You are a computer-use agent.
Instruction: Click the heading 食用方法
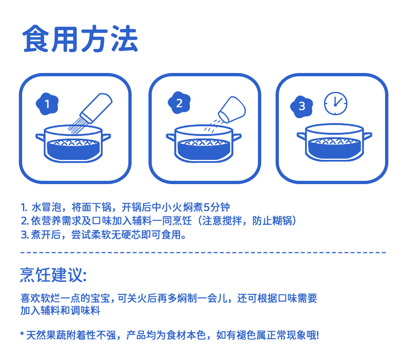pyautogui.click(x=80, y=39)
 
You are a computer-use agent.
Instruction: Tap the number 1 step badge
pyautogui.click(x=47, y=104)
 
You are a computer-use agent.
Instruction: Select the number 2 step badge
pyautogui.click(x=179, y=103)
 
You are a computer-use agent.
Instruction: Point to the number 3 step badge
pyautogui.click(x=302, y=106)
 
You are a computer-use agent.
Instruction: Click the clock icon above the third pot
pyautogui.click(x=335, y=103)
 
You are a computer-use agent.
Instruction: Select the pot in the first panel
pyautogui.click(x=73, y=144)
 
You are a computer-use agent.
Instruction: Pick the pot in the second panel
pyautogui.click(x=204, y=144)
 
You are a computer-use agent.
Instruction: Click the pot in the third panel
pyautogui.click(x=335, y=143)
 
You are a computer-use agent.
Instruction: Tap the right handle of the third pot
pyautogui.click(x=367, y=136)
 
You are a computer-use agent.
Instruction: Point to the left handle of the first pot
pyautogui.click(x=40, y=137)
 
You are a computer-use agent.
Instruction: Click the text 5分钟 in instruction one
pyautogui.click(x=217, y=207)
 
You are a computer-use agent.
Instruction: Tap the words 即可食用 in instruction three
pyautogui.click(x=160, y=235)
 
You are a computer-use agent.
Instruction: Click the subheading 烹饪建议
pyautogui.click(x=53, y=274)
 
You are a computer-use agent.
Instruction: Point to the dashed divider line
pyautogui.click(x=203, y=252)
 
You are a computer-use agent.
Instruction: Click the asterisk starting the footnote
pyautogui.click(x=22, y=333)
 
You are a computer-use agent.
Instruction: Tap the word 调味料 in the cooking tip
pyautogui.click(x=85, y=310)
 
